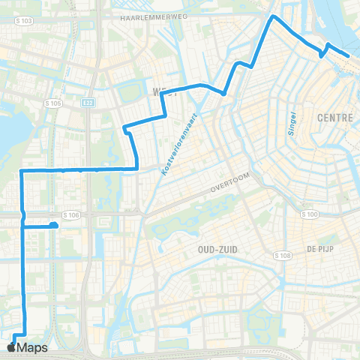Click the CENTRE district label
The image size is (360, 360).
point(335,118)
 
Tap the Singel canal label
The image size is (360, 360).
point(293,123)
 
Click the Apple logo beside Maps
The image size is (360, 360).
point(10,348)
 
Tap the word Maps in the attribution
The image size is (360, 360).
point(33,348)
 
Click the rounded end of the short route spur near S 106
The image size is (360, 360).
point(54,225)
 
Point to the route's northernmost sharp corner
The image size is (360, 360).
point(273,16)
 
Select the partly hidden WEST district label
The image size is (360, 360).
point(166,92)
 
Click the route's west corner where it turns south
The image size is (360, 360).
point(21,171)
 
